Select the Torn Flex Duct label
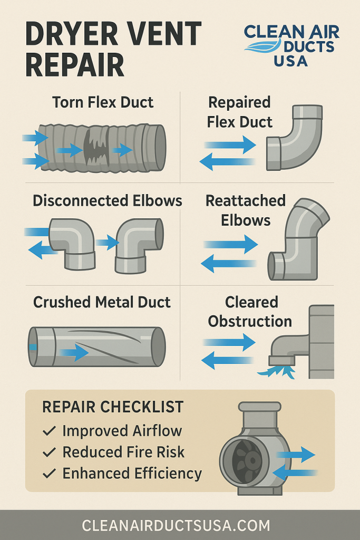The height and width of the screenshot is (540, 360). [x=103, y=102]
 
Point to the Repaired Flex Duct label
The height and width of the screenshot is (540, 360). [x=240, y=112]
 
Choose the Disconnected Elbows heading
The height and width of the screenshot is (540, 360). [x=108, y=201]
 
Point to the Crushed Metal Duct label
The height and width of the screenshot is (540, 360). [x=102, y=302]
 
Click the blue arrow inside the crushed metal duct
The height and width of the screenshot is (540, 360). [x=74, y=352]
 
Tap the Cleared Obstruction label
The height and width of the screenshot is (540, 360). [x=250, y=312]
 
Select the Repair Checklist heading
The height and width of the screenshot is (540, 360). [x=113, y=407]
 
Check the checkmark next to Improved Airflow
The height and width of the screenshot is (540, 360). [x=49, y=431]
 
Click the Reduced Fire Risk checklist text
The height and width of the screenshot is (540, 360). [x=124, y=452]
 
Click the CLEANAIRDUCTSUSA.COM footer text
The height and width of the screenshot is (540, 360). [x=176, y=526]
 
